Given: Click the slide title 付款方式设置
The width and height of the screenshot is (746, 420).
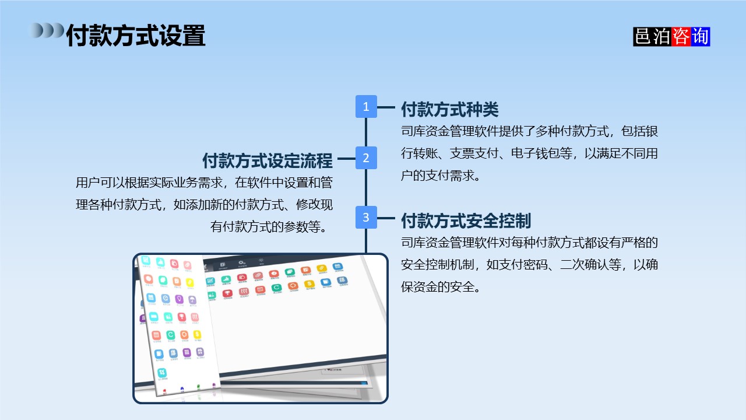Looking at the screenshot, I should [135, 35].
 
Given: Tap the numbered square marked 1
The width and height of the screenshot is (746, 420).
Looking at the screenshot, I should [366, 107].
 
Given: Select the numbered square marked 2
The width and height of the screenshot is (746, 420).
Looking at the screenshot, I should [366, 158].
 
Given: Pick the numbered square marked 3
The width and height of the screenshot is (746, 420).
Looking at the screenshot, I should [366, 218].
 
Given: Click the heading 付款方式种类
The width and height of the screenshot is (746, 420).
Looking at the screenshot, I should [449, 108].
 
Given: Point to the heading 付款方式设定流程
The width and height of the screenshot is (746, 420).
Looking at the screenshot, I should [268, 160].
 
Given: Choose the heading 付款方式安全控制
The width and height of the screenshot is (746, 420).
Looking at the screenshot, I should [466, 220].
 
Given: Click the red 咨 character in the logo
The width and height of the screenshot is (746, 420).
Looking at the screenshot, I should [681, 36].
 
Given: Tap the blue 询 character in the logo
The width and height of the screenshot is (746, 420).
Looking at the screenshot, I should [700, 36].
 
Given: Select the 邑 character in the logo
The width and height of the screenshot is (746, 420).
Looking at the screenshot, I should [643, 36].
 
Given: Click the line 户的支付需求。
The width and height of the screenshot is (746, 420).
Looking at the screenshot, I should [441, 176].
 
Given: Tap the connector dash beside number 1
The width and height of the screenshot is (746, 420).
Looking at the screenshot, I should [386, 107].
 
